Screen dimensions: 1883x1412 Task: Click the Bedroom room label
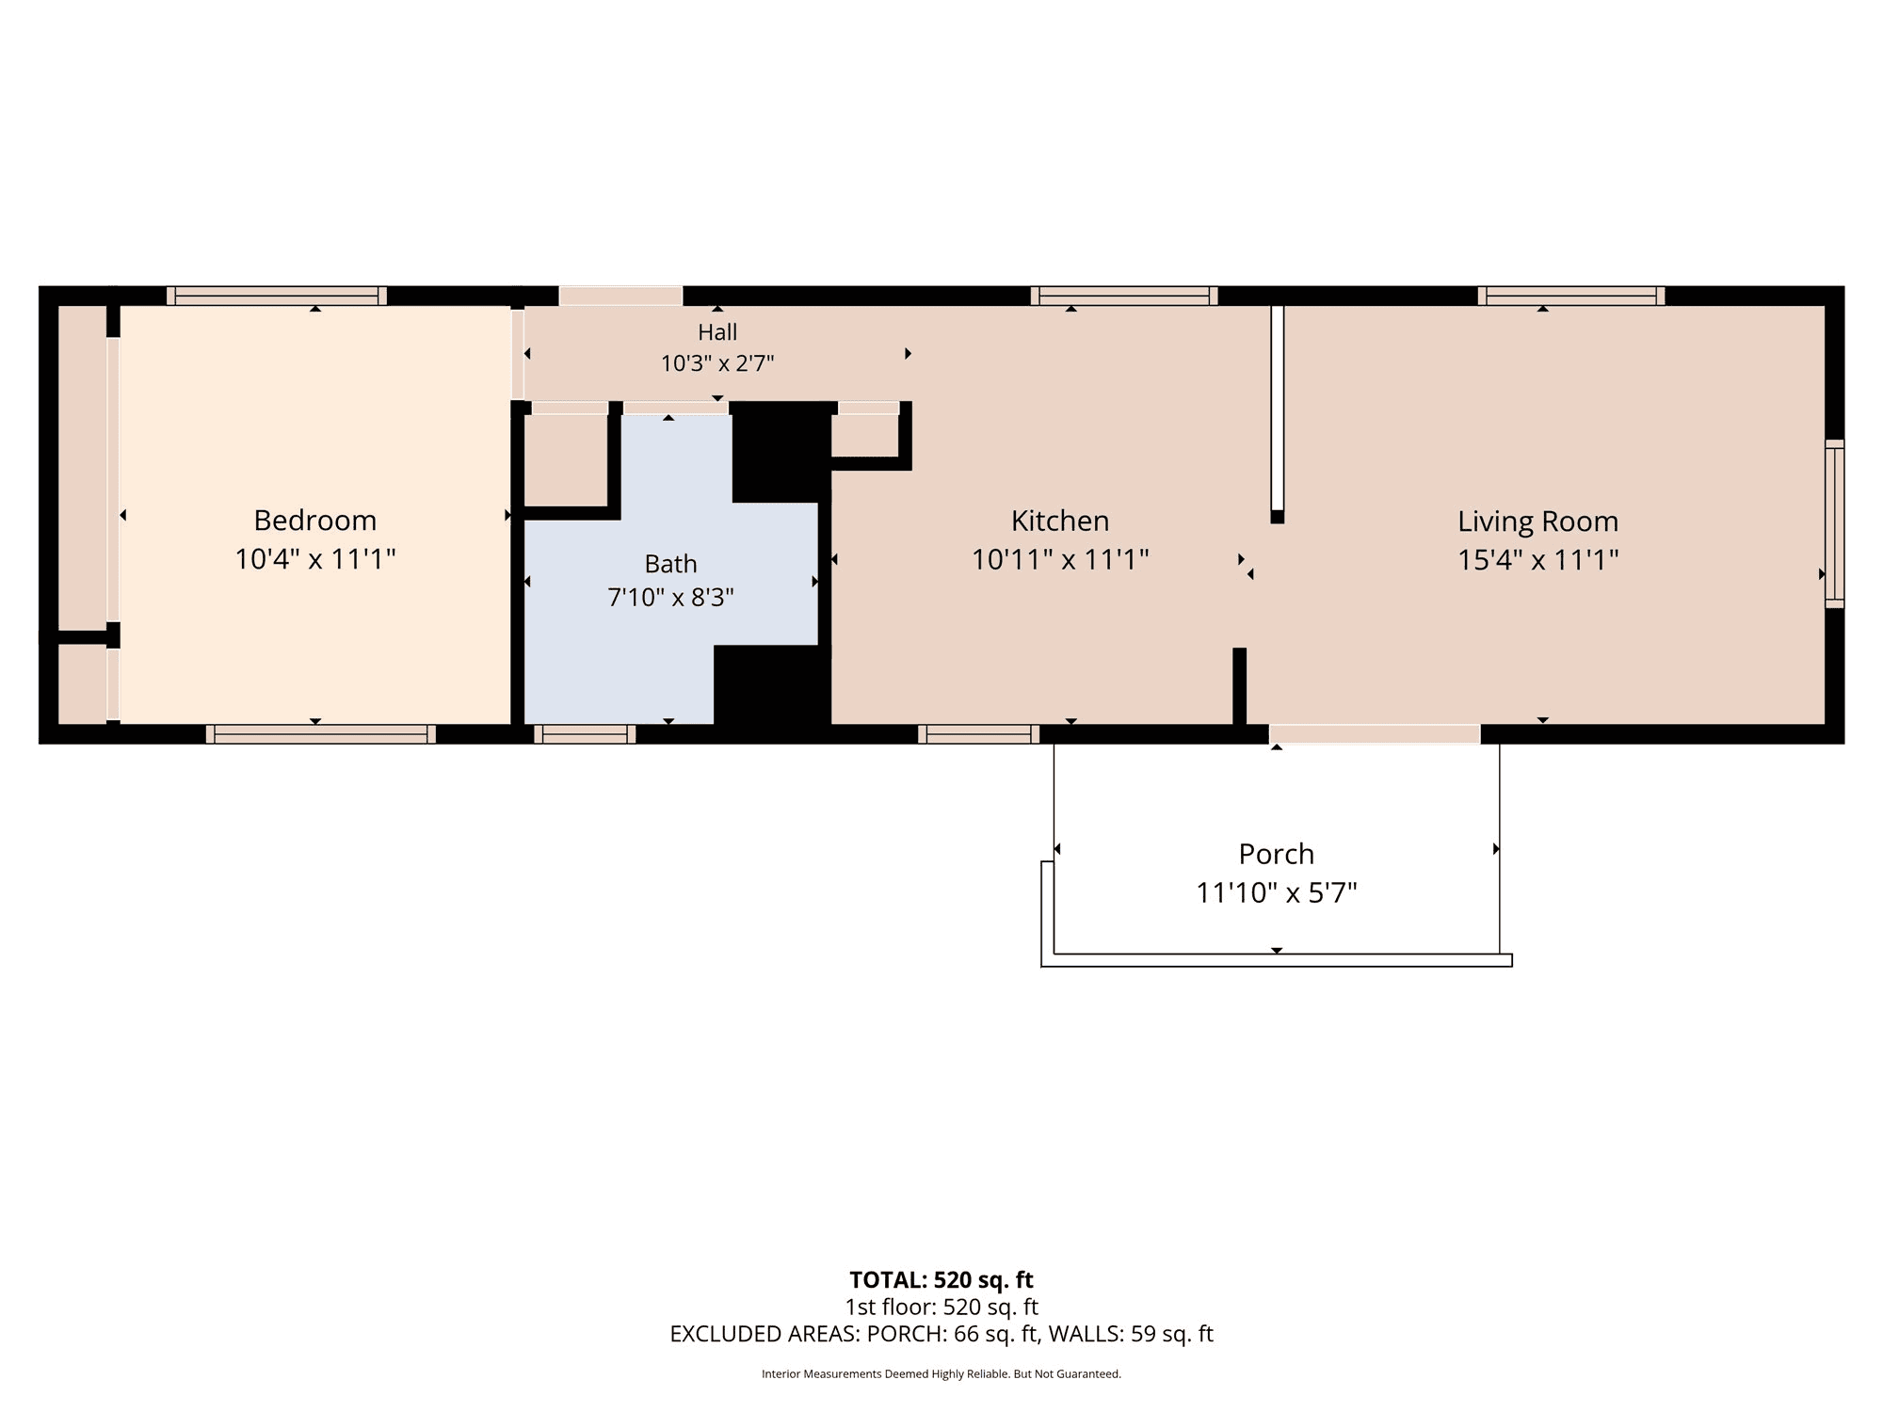coord(315,520)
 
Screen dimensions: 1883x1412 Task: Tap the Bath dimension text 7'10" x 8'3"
coord(670,598)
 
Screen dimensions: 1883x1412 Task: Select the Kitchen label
coord(1060,521)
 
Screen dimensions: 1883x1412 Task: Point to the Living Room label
coord(1538,521)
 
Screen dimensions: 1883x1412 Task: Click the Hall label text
coord(717,332)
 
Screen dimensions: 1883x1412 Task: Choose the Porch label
coord(1277,854)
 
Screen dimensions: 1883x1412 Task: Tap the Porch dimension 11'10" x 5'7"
coord(1277,892)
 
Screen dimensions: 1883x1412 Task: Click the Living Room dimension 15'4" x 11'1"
coord(1538,560)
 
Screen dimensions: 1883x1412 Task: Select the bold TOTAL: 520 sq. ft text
coord(941,1280)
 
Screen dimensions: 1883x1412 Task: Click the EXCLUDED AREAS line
coord(941,1334)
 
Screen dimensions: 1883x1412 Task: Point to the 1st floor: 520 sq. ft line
coord(941,1307)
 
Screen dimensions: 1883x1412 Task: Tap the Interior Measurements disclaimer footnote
coord(941,1374)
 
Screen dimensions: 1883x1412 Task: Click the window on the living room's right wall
coord(1834,523)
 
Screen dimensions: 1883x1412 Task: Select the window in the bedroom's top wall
coord(277,296)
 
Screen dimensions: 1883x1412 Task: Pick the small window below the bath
coord(585,734)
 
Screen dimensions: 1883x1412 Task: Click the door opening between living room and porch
coord(1375,734)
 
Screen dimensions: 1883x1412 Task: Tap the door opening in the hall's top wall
coord(621,296)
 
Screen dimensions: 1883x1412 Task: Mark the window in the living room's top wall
coord(1571,296)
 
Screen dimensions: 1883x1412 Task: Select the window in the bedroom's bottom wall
coord(321,734)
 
